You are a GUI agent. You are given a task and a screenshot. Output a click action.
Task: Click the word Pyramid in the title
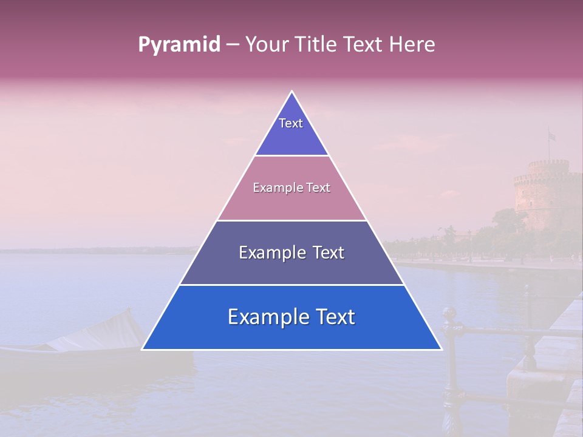(x=179, y=45)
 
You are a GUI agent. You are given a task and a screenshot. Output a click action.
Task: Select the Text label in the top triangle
(x=291, y=123)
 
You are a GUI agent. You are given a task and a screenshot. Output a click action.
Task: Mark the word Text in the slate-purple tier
(x=329, y=252)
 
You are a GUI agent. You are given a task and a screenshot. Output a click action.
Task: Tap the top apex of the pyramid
(x=291, y=92)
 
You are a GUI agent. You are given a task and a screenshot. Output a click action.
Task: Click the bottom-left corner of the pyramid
(x=143, y=348)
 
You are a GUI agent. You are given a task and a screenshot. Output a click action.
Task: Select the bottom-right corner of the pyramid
(x=440, y=348)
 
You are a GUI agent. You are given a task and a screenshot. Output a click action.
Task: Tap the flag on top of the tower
(x=551, y=135)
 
